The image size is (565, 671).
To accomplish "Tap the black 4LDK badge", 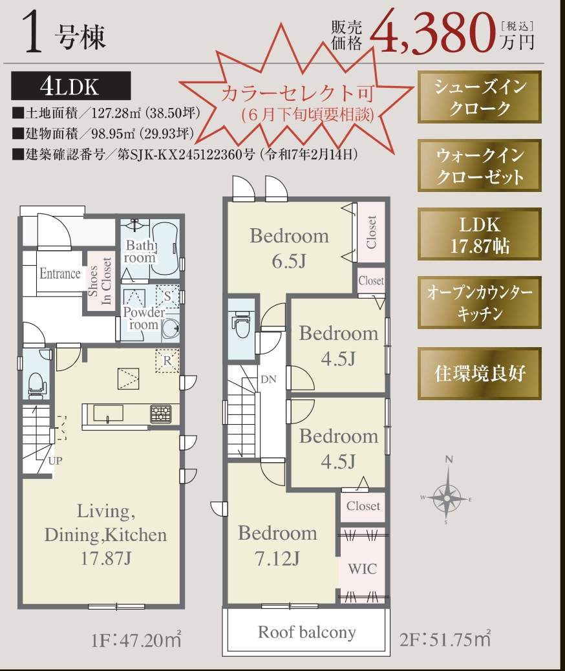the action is pyautogui.click(x=71, y=85).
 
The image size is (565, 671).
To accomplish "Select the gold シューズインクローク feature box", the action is pyautogui.click(x=480, y=97).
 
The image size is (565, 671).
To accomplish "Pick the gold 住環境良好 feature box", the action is pyautogui.click(x=480, y=374).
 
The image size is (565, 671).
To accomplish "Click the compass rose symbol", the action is pyautogui.click(x=447, y=496).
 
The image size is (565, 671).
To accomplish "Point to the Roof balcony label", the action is pyautogui.click(x=307, y=632).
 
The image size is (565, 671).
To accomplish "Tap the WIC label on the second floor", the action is pyautogui.click(x=362, y=569).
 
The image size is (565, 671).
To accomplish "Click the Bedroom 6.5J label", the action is pyautogui.click(x=290, y=248).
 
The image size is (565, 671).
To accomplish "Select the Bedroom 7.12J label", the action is pyautogui.click(x=277, y=546).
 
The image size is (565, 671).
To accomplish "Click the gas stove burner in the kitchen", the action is pyautogui.click(x=161, y=414).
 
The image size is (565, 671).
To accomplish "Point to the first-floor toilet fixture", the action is pyautogui.click(x=36, y=383).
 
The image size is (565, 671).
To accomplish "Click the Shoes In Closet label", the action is pyautogui.click(x=100, y=281).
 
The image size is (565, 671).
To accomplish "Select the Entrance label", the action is pyautogui.click(x=60, y=273).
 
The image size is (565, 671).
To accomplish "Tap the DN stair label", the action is pyautogui.click(x=268, y=379).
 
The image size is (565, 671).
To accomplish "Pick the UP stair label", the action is pyautogui.click(x=55, y=461).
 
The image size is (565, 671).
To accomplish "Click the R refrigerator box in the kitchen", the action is pyautogui.click(x=167, y=361).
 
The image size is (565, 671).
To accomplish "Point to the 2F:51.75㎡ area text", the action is pyautogui.click(x=445, y=639).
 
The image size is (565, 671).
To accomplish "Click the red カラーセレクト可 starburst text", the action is pyautogui.click(x=297, y=94).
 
